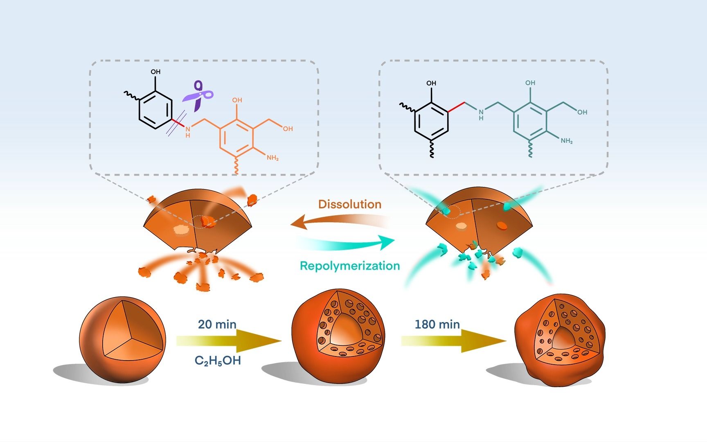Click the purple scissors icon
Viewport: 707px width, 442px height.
point(198,96)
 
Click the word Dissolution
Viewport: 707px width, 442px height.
point(350,204)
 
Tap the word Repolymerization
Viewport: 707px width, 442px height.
point(350,266)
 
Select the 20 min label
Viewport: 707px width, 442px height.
point(217,325)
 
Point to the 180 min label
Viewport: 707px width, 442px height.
point(437,325)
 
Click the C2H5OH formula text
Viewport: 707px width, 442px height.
point(217,361)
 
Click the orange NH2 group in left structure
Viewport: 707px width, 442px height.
point(272,158)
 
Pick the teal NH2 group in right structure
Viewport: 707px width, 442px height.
point(567,141)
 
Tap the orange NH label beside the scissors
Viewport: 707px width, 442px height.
point(188,132)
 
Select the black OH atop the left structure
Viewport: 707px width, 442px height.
point(155,72)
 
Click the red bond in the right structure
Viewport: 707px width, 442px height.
point(456,108)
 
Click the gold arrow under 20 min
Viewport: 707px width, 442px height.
point(229,341)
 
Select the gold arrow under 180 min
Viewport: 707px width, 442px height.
point(454,341)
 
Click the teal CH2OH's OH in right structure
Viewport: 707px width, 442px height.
point(582,112)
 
